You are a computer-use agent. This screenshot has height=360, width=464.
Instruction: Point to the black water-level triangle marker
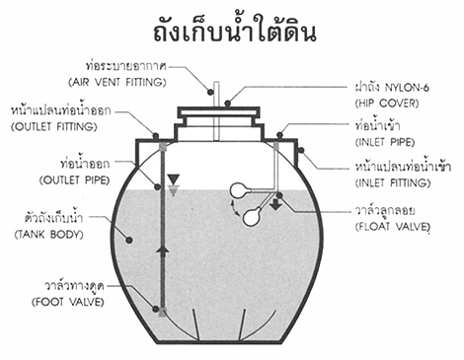pyautogui.click(x=173, y=179)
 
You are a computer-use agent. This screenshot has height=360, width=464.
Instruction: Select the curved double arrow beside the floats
pyautogui.click(x=234, y=209)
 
